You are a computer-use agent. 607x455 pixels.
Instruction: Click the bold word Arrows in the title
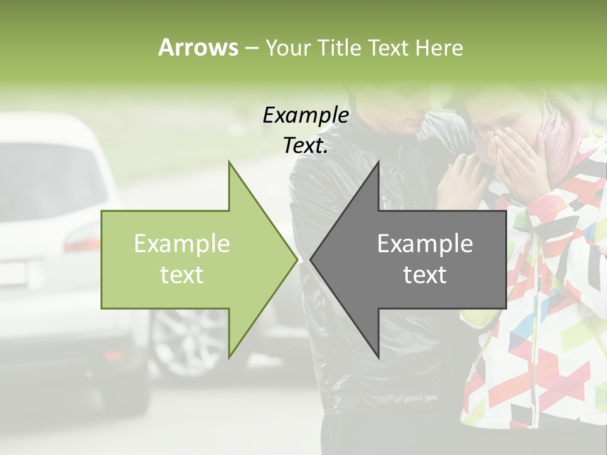198,47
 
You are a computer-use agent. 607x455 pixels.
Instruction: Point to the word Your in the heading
287,48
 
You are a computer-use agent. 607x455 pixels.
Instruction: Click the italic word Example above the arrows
305,115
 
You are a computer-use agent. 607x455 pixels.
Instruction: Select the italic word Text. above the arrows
305,145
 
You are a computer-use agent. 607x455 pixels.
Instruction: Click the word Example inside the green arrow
182,243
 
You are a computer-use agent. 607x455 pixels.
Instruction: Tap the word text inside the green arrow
182,274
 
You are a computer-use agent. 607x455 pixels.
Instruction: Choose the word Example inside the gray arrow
425,243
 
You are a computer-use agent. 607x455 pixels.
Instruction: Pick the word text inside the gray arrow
425,274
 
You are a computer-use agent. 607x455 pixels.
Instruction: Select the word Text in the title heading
388,47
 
